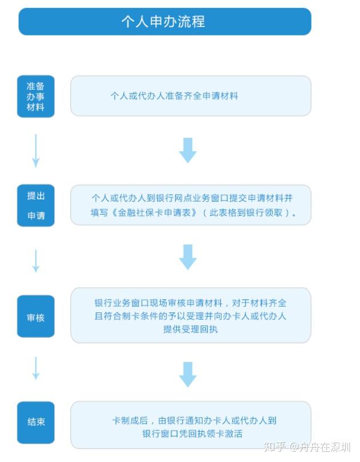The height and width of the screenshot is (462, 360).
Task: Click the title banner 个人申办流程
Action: point(165,22)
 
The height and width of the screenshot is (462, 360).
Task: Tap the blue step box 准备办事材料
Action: point(35,97)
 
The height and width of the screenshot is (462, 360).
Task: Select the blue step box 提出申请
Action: point(35,206)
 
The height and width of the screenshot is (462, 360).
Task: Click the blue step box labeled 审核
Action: point(35,316)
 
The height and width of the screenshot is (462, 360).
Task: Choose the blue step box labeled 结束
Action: point(35,423)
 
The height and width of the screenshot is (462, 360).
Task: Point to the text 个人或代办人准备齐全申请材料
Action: point(174,96)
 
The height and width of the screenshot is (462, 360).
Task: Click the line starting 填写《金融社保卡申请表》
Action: point(193,212)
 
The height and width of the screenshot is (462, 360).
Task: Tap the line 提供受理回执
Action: point(191,329)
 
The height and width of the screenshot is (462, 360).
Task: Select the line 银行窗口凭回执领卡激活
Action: point(192,433)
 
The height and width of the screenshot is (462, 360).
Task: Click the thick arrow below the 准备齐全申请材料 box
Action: point(188,150)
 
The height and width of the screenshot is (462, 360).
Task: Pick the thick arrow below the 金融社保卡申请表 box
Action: point(188,257)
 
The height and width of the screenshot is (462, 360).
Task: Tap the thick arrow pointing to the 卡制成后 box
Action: point(188,375)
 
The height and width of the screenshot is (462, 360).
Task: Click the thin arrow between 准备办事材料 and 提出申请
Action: point(35,151)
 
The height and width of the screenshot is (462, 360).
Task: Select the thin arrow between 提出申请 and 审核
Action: point(35,261)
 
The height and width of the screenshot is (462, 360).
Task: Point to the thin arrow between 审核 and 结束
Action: point(35,368)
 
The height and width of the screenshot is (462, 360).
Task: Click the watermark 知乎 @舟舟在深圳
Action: point(307,447)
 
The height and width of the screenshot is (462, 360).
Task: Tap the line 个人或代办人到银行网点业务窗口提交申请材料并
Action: point(192,198)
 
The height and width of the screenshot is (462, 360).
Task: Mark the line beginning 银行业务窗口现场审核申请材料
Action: point(191,303)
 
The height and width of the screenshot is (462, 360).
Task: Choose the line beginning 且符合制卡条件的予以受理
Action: point(191,316)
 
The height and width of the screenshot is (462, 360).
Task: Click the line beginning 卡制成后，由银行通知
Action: point(195,420)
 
